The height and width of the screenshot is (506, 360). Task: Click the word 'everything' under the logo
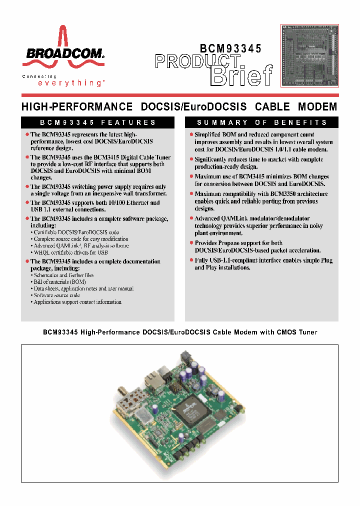[70, 83]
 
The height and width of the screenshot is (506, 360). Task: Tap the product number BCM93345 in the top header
[230, 48]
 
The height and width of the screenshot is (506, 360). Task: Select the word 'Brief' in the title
[242, 75]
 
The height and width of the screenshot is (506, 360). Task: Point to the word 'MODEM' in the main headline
[317, 107]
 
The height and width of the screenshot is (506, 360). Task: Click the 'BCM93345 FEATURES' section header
[98, 122]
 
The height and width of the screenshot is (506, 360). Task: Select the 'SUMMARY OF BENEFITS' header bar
[261, 122]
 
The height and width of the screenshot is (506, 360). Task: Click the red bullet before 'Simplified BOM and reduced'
[191, 134]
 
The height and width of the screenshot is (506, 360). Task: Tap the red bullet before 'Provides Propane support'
[191, 243]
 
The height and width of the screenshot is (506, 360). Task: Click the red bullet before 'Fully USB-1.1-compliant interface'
[191, 260]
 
